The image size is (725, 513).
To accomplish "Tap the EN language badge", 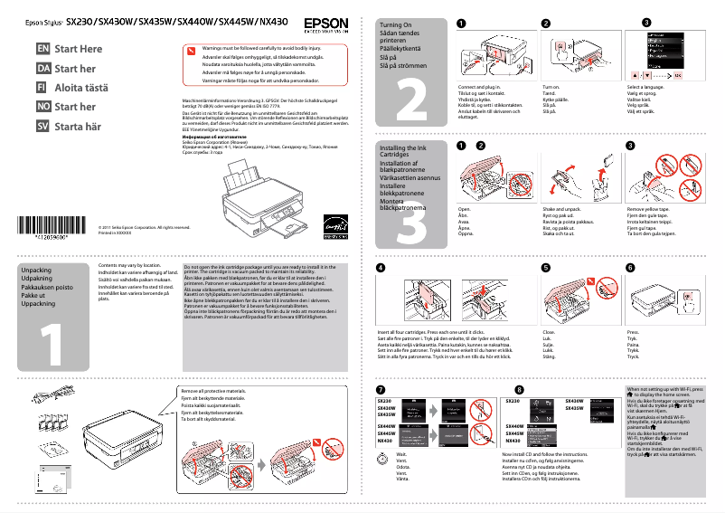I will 42,48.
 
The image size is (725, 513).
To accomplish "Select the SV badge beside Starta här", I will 42,126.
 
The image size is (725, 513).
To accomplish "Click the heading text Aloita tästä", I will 80,88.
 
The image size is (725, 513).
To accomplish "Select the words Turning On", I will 396,26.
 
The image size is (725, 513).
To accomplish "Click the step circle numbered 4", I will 381,268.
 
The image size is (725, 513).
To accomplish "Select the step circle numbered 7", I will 381,389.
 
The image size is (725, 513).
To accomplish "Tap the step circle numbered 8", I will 506,389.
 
